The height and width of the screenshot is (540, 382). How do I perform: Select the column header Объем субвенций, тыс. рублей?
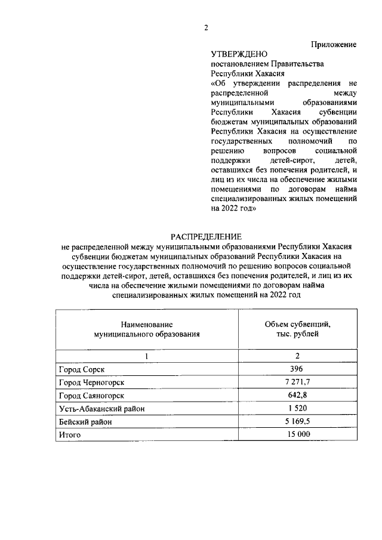pos(297,329)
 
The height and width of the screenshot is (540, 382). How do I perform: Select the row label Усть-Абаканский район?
pos(101,409)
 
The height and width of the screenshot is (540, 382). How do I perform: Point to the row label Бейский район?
pos(85,422)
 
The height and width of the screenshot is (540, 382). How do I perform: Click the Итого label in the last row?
pos(69,435)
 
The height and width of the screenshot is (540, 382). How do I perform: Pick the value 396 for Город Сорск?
pos(297,369)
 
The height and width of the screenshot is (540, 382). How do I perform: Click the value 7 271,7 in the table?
pos(297,382)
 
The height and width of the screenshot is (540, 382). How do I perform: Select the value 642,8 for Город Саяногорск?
pos(297,395)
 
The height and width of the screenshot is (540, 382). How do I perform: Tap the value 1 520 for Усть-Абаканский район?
pos(297,408)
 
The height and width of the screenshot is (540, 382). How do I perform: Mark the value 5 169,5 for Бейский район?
pos(297,421)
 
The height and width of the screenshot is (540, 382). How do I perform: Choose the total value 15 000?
pos(297,434)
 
